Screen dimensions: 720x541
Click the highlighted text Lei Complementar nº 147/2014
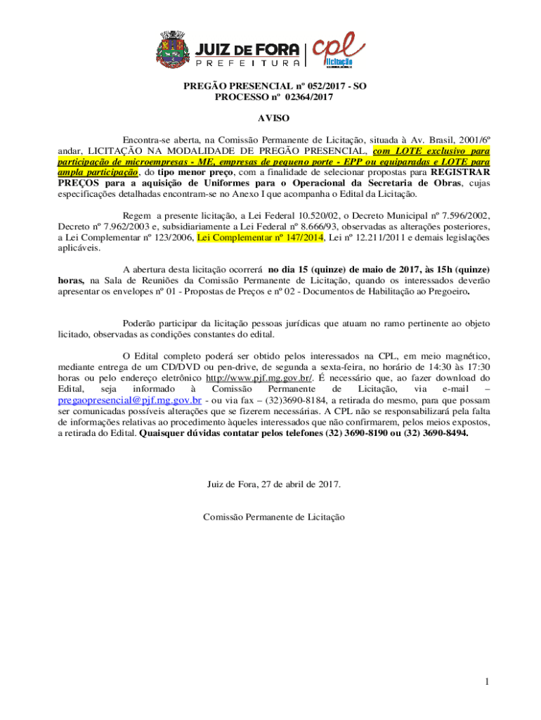click(x=260, y=238)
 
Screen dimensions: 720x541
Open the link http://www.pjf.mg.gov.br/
click(x=276, y=378)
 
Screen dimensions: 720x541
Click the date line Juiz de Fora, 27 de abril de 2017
click(x=274, y=484)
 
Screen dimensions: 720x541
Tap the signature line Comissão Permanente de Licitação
click(x=274, y=517)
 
